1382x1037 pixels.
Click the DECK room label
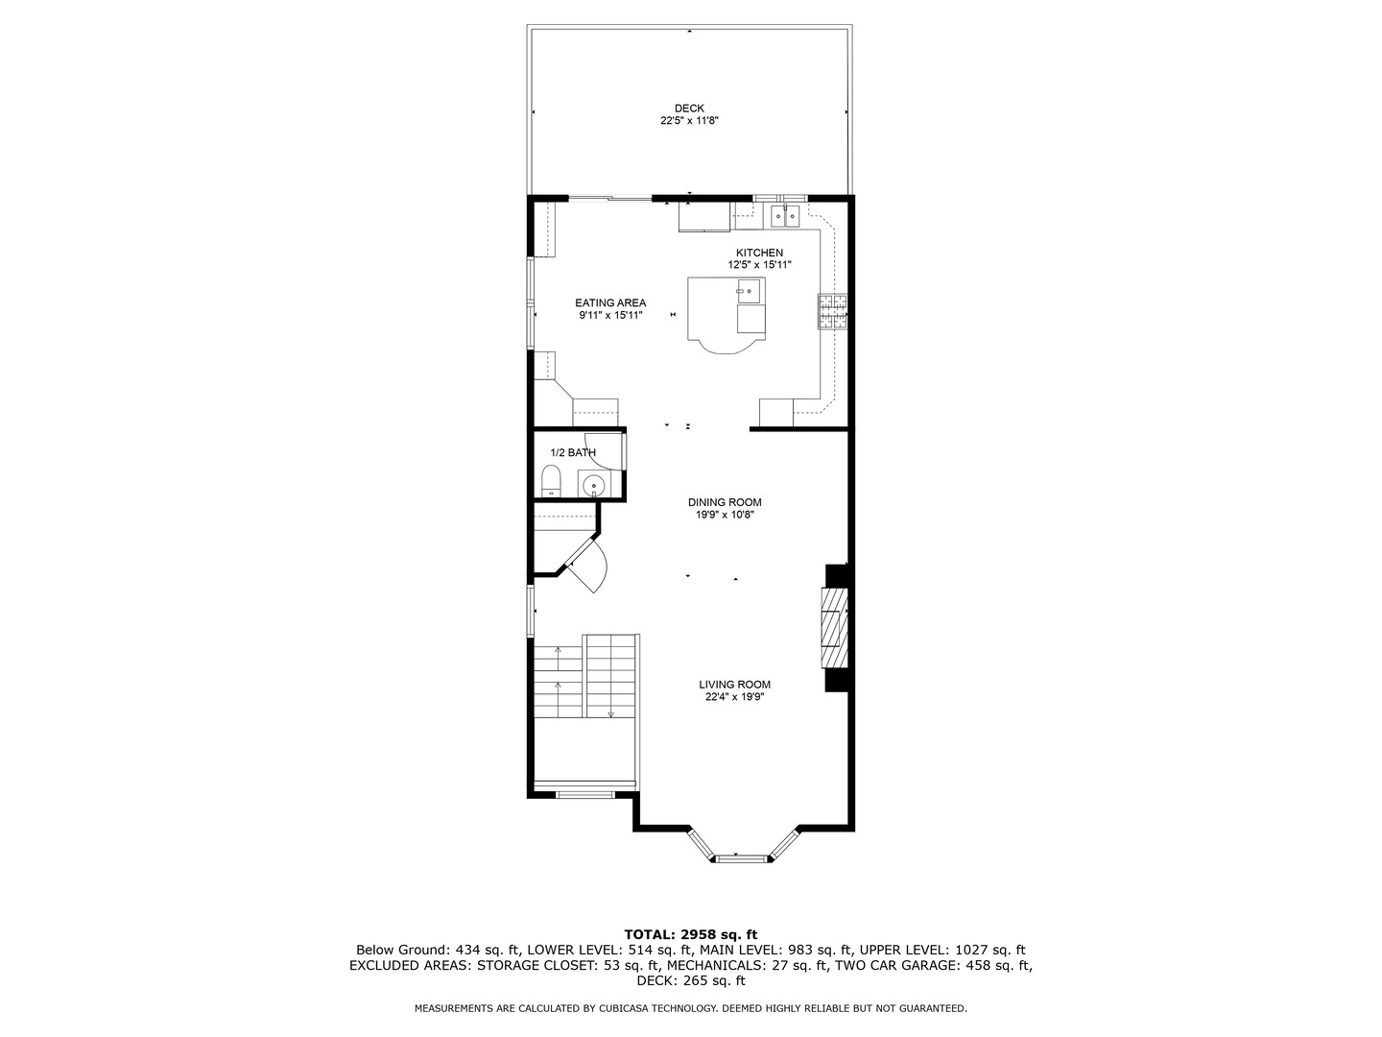coord(688,109)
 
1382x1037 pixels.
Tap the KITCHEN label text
coord(759,253)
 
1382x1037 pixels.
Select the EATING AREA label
coord(610,302)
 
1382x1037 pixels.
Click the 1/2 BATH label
coord(572,452)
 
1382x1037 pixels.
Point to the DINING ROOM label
coord(725,502)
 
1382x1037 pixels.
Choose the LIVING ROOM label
coord(734,685)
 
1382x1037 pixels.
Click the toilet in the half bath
coord(551,481)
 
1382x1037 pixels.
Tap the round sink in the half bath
coord(594,486)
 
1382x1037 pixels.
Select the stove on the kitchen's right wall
coord(832,311)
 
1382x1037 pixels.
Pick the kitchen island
coord(727,312)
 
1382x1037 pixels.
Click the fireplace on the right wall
coord(834,627)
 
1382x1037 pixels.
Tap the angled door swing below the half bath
coord(587,566)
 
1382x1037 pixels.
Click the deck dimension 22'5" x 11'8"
coord(688,121)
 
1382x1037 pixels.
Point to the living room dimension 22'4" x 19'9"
coord(734,698)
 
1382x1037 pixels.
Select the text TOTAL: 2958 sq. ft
coord(690,933)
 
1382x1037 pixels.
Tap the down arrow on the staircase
coord(610,713)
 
